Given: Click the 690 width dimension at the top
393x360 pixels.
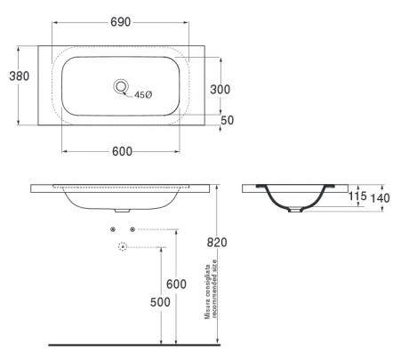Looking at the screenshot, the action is click(x=120, y=22).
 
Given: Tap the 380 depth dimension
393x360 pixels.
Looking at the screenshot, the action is click(x=20, y=76).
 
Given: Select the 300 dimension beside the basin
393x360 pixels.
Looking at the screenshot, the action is click(x=220, y=89).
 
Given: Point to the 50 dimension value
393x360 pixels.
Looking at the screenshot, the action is click(x=228, y=120).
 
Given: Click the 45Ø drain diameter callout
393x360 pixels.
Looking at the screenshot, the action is click(x=143, y=95).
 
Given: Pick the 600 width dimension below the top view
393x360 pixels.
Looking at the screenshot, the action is click(x=122, y=151).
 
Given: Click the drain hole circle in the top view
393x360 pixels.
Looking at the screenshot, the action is click(x=121, y=86).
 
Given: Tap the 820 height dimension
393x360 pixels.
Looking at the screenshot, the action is click(x=217, y=242).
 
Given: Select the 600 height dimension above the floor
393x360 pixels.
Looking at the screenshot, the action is click(x=176, y=284).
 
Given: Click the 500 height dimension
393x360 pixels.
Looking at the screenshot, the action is click(x=160, y=302).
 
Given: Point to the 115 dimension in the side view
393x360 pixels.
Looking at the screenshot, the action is click(x=357, y=196).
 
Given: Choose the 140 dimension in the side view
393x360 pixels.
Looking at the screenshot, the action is click(x=381, y=198).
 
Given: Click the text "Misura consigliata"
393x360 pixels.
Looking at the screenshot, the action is click(x=208, y=292).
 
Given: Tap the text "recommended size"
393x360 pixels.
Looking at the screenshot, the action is click(x=214, y=289).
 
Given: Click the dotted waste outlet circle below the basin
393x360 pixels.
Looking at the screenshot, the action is click(x=123, y=246).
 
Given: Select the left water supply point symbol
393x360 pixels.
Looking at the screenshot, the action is click(x=113, y=229).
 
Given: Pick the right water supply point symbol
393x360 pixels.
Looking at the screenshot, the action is click(x=132, y=229).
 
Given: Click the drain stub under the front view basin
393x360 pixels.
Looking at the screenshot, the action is click(x=122, y=211).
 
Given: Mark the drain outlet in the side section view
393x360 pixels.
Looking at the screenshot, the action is click(x=295, y=210).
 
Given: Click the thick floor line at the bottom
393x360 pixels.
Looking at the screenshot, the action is click(x=134, y=345).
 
